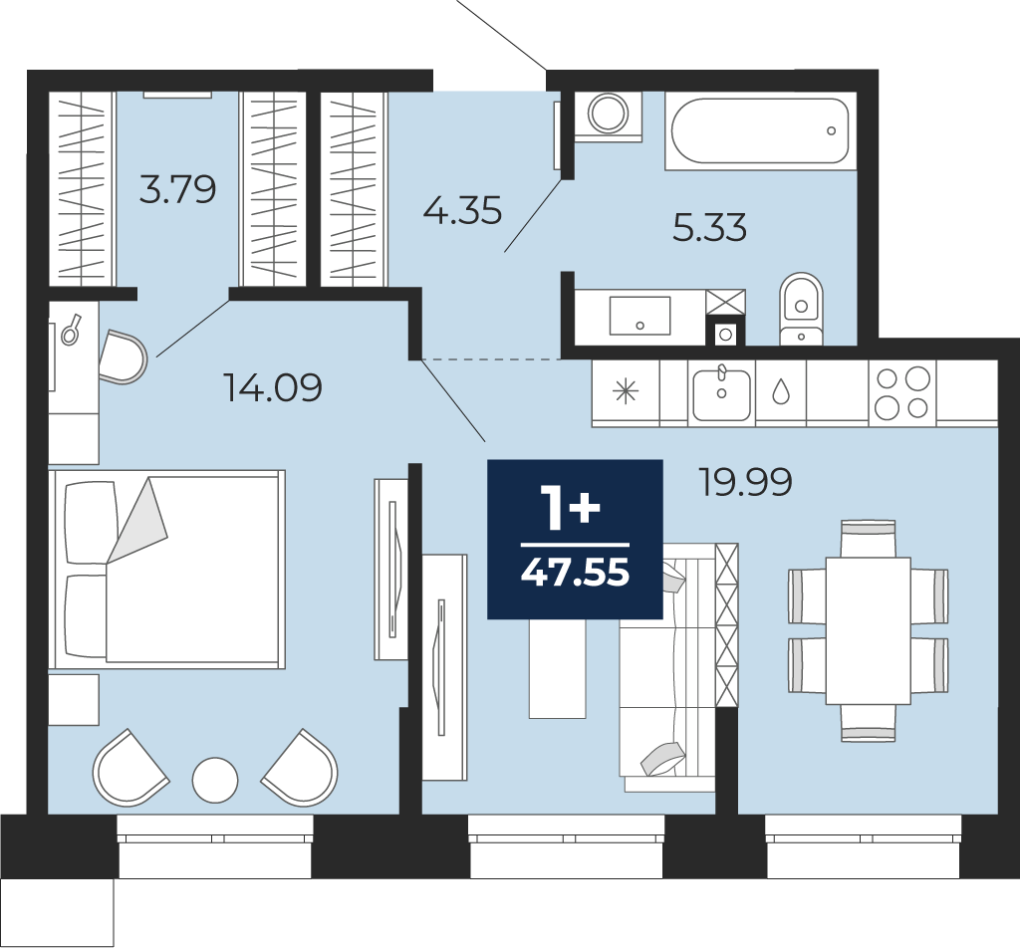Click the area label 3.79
tap(177, 190)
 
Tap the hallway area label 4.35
tap(462, 211)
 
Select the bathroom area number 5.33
tap(709, 228)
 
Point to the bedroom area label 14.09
tap(273, 387)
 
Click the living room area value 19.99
tap(745, 482)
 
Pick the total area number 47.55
tap(575, 573)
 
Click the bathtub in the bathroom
tap(760, 130)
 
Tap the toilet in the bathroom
tap(802, 309)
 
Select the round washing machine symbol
tap(609, 114)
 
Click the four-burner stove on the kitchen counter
tap(902, 392)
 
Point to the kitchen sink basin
tap(721, 392)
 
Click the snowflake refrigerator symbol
tap(626, 391)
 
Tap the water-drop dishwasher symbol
tap(781, 391)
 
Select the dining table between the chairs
tap(868, 630)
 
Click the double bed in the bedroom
tap(167, 569)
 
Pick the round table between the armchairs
tap(215, 780)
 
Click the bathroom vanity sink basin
tap(640, 316)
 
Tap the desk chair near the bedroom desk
tap(124, 356)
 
